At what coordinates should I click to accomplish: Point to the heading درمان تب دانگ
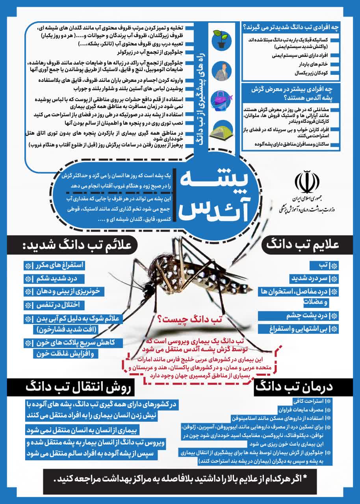[300, 387]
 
